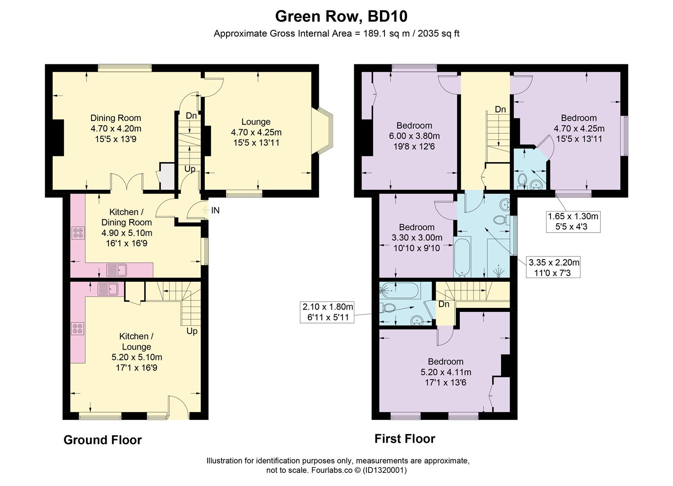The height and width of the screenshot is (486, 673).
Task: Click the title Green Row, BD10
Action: (x=341, y=17)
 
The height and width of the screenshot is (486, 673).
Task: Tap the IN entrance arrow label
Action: (x=215, y=210)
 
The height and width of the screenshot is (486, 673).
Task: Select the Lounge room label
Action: (x=256, y=121)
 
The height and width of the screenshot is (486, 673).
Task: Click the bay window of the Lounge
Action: (x=322, y=132)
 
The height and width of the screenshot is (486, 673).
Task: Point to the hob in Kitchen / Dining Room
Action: (x=78, y=233)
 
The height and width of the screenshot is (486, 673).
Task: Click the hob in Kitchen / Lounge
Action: (x=77, y=328)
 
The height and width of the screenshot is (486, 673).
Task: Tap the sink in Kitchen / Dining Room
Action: (x=117, y=270)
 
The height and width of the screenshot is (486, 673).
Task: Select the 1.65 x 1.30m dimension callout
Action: (x=573, y=221)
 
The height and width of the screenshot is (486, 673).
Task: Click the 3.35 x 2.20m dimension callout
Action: (x=553, y=267)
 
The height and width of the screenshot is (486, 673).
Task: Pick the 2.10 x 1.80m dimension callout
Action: (x=327, y=312)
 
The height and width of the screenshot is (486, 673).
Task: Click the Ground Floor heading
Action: (x=103, y=440)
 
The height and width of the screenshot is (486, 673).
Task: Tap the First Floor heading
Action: (x=405, y=439)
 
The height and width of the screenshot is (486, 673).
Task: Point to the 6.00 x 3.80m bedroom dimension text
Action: (x=414, y=136)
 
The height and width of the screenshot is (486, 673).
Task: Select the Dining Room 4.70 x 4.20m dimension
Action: (x=116, y=129)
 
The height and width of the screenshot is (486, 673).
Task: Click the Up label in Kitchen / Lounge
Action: (x=192, y=331)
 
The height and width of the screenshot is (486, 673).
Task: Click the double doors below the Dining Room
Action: (x=127, y=182)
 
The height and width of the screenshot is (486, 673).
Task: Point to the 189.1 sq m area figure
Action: (x=386, y=33)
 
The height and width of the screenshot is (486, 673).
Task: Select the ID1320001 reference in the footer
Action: (x=384, y=470)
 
